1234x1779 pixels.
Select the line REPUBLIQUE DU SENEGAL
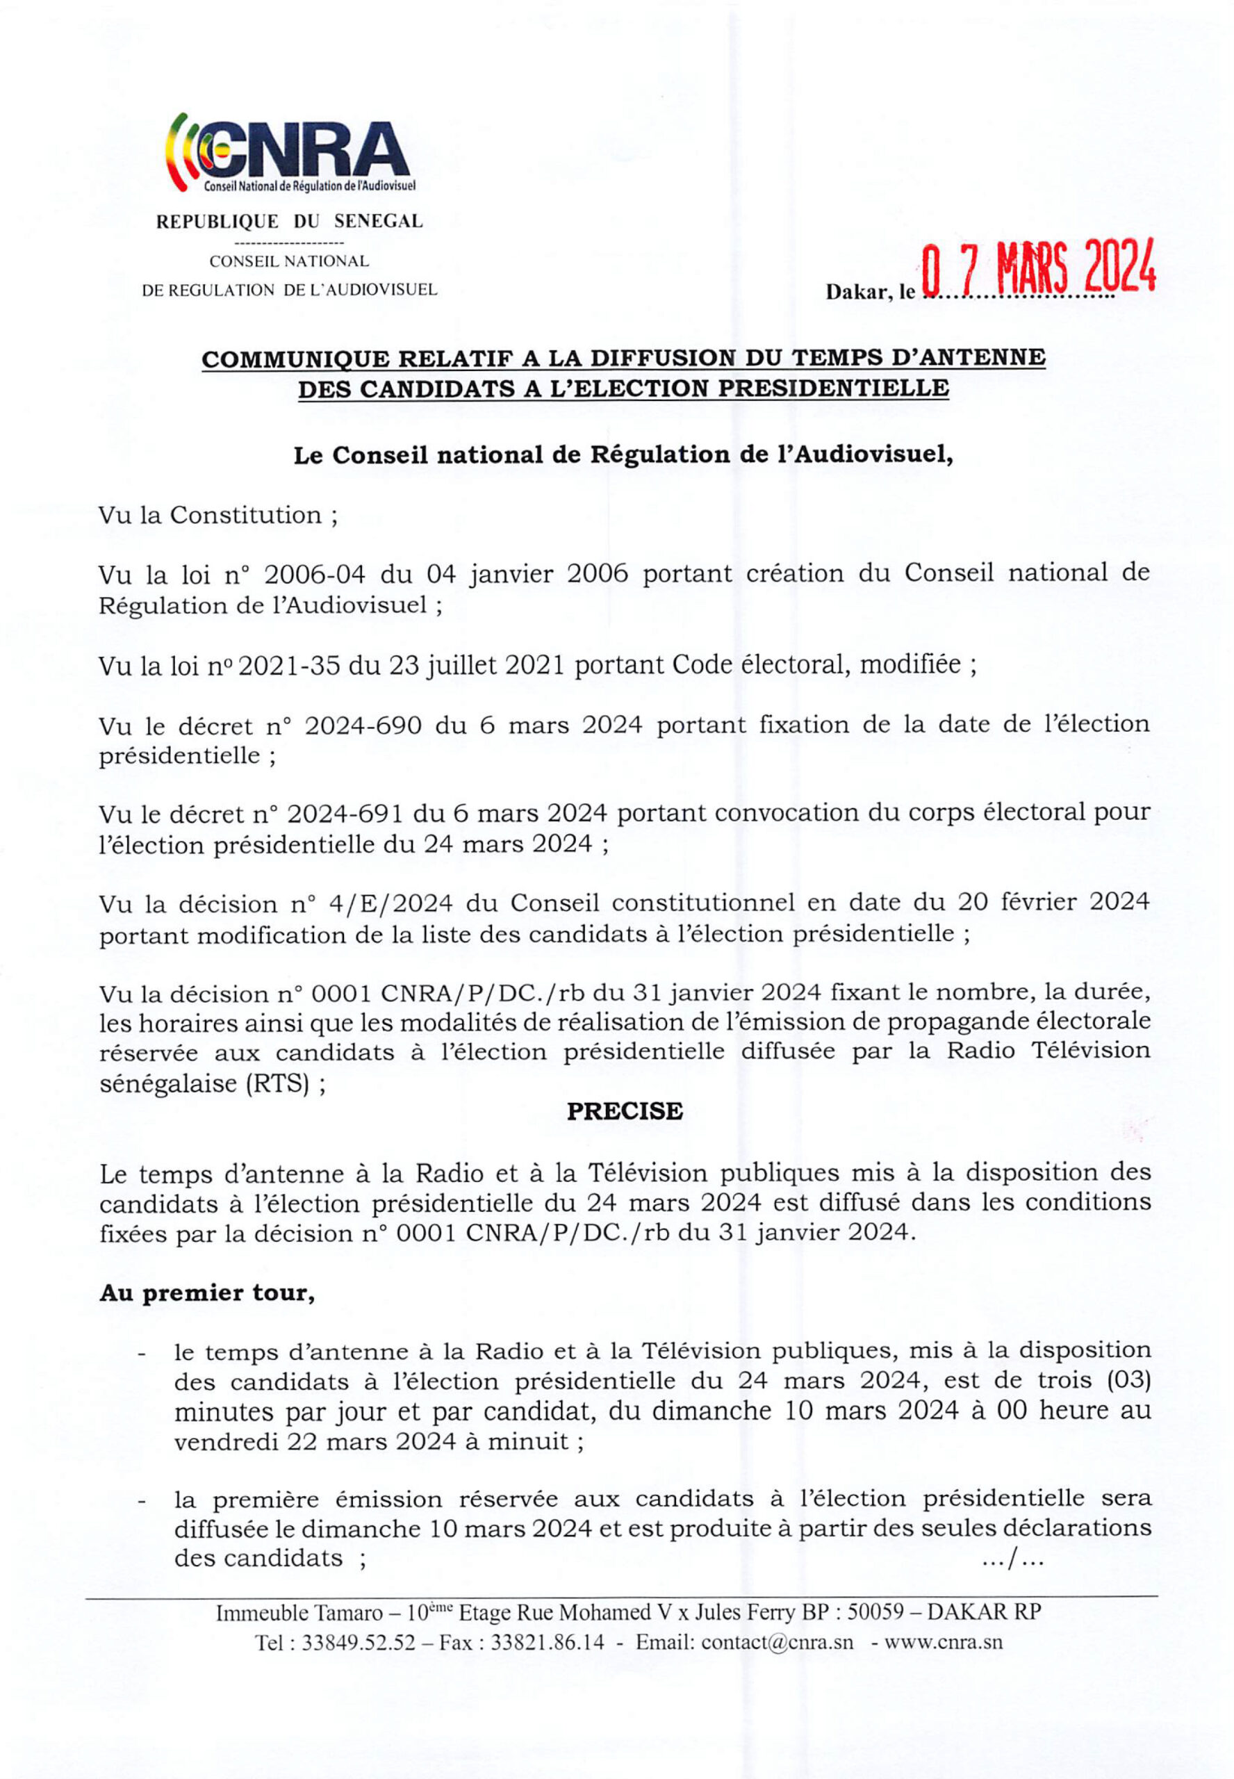[290, 222]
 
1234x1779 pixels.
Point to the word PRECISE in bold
[625, 1111]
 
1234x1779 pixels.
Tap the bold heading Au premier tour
[206, 1293]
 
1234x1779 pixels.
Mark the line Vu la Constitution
[219, 516]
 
